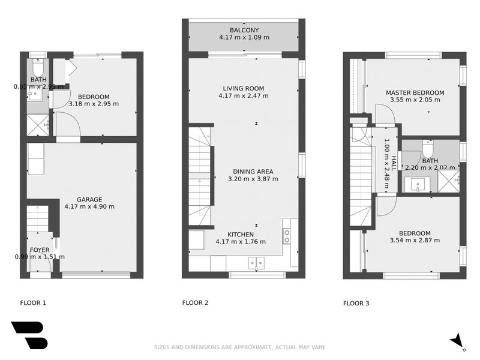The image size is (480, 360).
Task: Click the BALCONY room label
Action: (x=244, y=30)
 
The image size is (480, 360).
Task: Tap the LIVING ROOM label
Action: (x=241, y=88)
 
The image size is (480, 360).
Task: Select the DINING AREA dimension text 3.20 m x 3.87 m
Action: (x=253, y=179)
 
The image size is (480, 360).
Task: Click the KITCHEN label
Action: (x=240, y=234)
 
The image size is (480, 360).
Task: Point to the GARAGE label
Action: (x=89, y=199)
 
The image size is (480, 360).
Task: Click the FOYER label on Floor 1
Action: (x=40, y=250)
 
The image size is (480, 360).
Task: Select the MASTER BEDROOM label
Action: (x=415, y=92)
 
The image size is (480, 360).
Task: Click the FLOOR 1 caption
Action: (x=33, y=303)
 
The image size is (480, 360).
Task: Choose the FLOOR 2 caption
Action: (x=195, y=303)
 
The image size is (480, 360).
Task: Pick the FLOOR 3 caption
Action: (x=356, y=303)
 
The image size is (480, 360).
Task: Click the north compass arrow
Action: (x=457, y=340)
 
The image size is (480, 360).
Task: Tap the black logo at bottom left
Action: (x=28, y=335)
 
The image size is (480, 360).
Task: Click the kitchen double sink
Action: (x=256, y=262)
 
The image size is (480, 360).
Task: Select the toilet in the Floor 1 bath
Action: (x=38, y=67)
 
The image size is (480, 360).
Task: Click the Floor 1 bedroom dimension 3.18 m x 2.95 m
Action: (x=94, y=104)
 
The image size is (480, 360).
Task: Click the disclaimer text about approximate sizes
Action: (x=240, y=347)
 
